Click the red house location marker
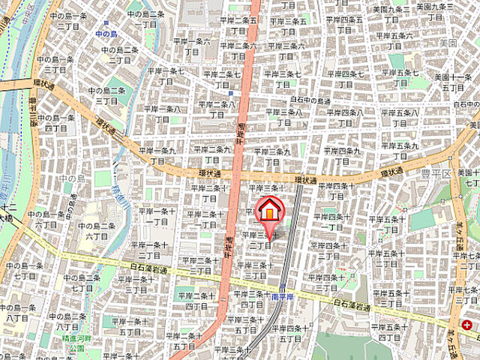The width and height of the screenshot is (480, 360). click(268, 210)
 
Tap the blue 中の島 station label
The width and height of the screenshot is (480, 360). click(106, 34)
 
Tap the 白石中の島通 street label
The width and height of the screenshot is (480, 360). click(310, 100)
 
